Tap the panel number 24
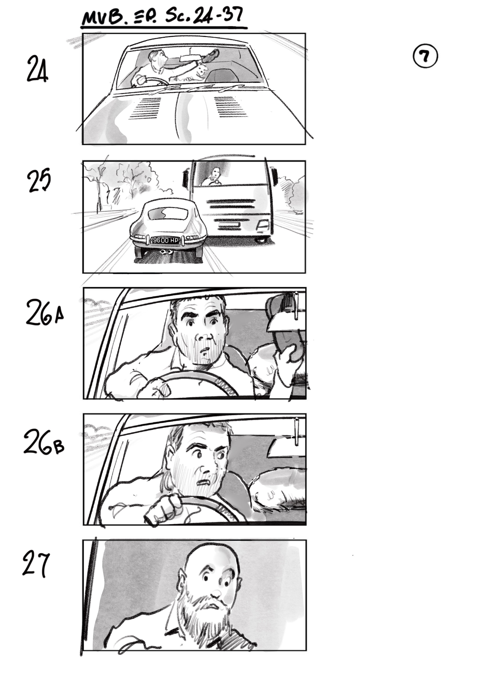pyautogui.click(x=37, y=70)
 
